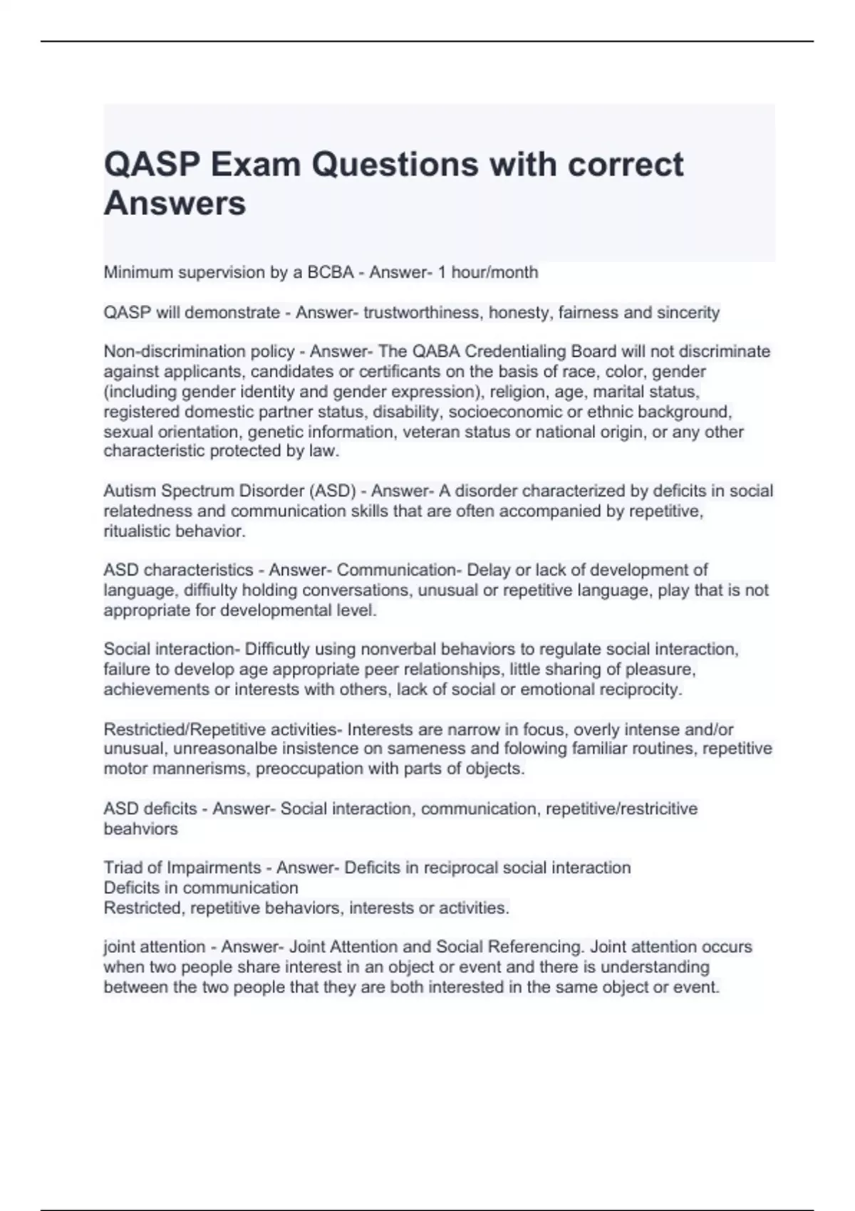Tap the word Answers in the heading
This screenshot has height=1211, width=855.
point(175,203)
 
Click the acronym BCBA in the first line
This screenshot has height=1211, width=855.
point(331,272)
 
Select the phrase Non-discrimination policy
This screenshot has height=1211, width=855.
point(199,351)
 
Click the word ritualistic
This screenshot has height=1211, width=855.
point(138,531)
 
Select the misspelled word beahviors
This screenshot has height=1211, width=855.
point(140,828)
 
